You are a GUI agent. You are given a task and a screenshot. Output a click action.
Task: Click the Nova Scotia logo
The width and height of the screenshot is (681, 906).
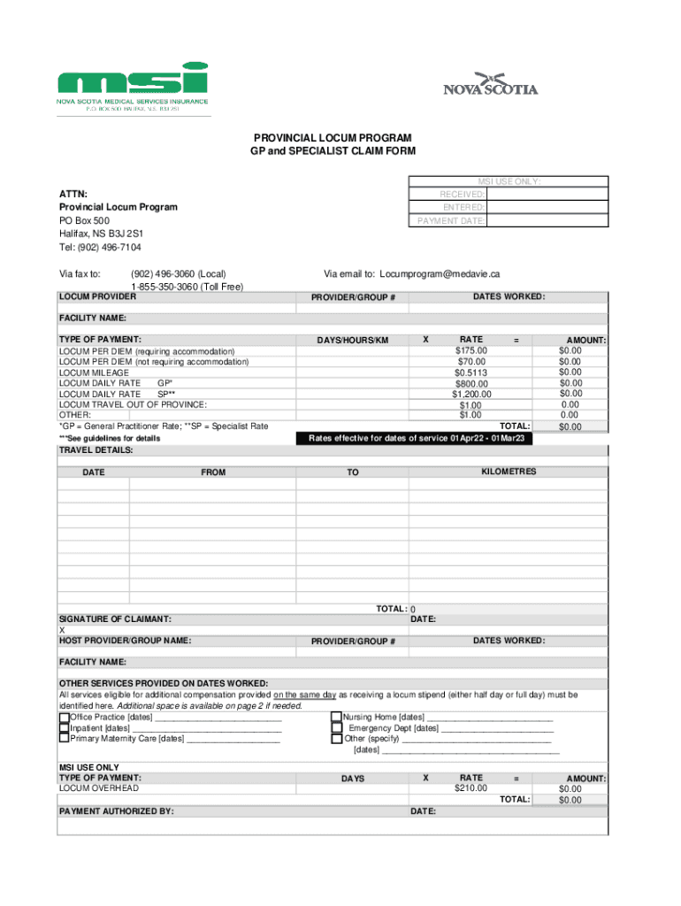(490, 83)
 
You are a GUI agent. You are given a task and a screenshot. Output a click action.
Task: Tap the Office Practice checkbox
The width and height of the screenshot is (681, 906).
(64, 718)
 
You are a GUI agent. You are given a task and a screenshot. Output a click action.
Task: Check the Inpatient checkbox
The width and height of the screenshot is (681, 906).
(64, 727)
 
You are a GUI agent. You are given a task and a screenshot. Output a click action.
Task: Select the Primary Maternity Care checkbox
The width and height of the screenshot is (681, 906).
(64, 738)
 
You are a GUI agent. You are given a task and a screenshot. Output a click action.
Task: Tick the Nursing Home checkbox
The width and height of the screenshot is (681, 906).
(336, 718)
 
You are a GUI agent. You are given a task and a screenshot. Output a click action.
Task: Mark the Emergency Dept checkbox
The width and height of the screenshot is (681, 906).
(336, 727)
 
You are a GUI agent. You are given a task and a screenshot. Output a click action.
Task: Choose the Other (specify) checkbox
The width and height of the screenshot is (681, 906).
(336, 738)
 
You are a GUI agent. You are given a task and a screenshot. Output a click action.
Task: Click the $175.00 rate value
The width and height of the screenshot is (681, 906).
(471, 350)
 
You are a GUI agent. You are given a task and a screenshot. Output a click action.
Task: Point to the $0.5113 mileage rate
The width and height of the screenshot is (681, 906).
(471, 372)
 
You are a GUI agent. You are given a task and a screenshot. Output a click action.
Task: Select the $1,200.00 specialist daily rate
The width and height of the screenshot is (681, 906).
(471, 395)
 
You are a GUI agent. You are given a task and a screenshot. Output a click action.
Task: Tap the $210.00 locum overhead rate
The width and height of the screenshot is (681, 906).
(471, 788)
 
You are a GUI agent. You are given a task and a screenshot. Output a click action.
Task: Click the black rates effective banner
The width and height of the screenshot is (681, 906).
(416, 438)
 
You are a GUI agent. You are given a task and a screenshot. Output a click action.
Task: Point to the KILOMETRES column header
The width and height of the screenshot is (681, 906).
(509, 472)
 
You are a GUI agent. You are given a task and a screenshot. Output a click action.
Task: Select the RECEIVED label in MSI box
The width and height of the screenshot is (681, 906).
(462, 194)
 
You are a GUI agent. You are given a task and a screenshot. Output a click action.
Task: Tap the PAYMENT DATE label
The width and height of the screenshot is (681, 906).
(451, 220)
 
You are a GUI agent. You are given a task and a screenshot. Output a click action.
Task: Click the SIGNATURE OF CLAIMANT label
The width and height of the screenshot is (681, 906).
(115, 619)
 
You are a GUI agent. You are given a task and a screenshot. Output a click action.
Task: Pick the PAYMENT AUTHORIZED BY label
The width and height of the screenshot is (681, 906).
(116, 810)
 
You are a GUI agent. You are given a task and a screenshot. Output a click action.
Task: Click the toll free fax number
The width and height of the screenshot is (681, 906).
(187, 287)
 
